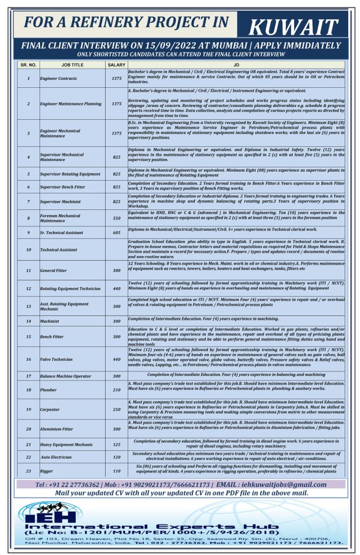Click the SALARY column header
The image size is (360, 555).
116,65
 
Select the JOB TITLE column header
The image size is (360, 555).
69,65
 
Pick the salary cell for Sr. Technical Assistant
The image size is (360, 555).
116,232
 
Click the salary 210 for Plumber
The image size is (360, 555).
116,390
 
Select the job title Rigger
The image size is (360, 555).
47,471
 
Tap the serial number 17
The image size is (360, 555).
28,375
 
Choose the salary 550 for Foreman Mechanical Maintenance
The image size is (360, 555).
116,217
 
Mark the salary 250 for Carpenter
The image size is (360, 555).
116,409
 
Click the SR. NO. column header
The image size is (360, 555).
28,65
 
